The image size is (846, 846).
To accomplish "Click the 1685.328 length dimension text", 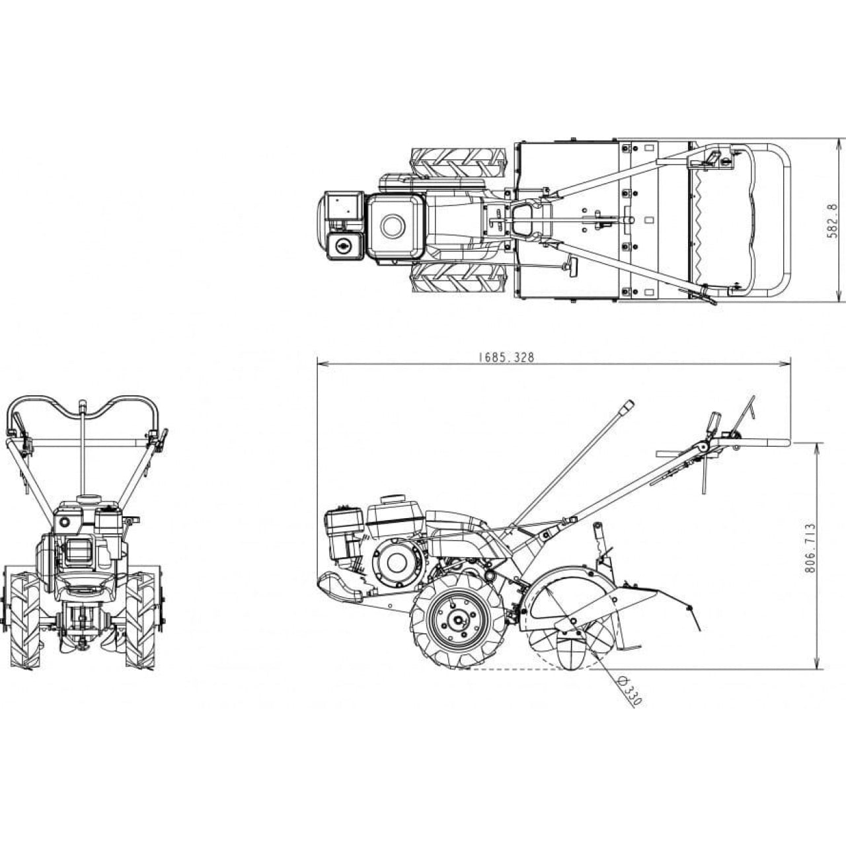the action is (506, 358).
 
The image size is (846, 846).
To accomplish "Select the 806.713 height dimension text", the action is (810, 547).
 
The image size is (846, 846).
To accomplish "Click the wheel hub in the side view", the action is (458, 620).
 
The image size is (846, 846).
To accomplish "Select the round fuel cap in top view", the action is (393, 226).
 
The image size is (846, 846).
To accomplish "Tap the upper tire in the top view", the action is (459, 163).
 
